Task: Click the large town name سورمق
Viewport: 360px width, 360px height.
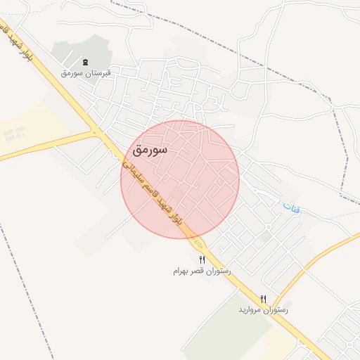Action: click(x=149, y=150)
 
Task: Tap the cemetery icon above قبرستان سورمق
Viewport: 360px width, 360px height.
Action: click(x=86, y=63)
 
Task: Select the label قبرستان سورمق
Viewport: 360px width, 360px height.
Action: click(x=86, y=72)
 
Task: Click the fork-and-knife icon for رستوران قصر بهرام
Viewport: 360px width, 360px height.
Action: click(x=202, y=260)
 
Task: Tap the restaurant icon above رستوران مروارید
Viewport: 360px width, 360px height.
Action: click(x=264, y=299)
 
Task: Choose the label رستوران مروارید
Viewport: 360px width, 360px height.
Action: click(x=263, y=309)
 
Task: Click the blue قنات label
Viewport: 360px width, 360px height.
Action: click(x=290, y=207)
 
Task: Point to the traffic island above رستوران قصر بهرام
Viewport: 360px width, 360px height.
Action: click(x=200, y=245)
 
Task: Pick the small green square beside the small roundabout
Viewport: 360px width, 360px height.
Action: click(x=263, y=238)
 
